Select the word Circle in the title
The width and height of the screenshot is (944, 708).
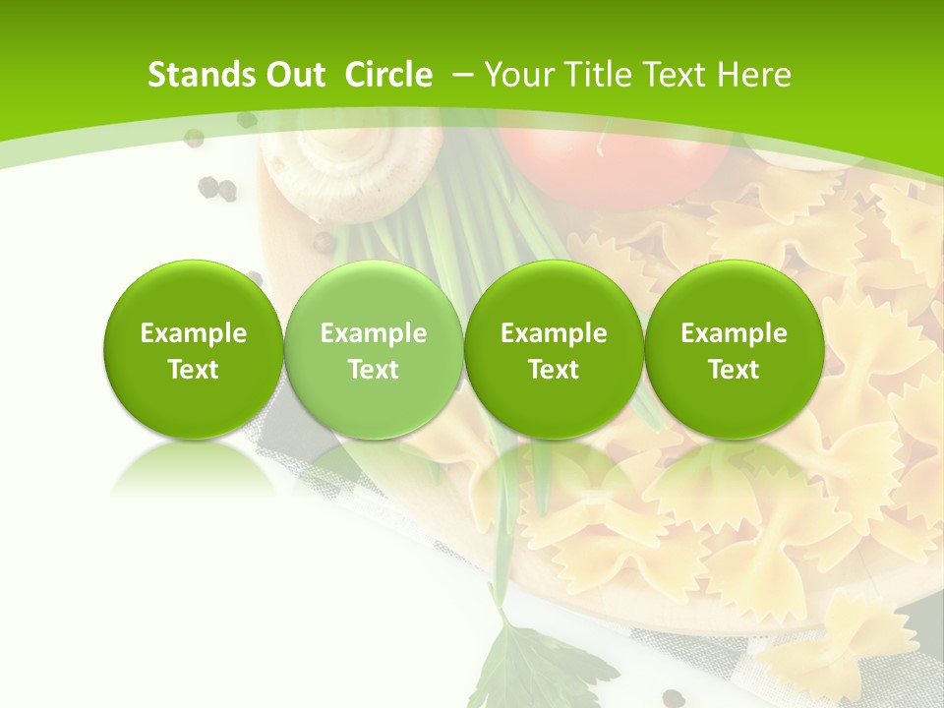(x=388, y=75)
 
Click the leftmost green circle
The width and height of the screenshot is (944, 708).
(x=193, y=349)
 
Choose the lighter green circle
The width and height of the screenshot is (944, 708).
(x=374, y=349)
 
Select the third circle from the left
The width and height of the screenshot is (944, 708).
(x=554, y=349)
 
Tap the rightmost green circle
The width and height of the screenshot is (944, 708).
(x=734, y=349)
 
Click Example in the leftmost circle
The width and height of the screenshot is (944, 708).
(x=193, y=333)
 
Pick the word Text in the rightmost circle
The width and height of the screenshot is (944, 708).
(x=734, y=370)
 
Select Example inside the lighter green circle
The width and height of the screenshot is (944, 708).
(x=374, y=333)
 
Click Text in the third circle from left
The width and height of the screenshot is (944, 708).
(x=554, y=370)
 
